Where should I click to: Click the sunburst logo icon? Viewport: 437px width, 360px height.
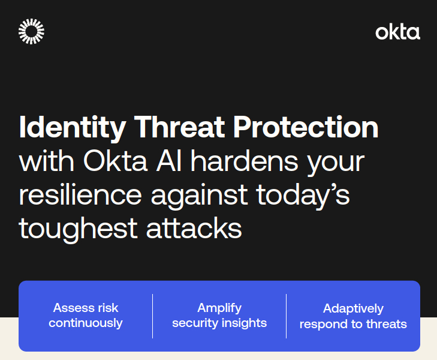(31, 32)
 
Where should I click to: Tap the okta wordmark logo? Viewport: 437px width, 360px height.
(397, 32)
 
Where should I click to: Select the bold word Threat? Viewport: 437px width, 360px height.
(179, 127)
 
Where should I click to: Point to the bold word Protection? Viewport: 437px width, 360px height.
(306, 127)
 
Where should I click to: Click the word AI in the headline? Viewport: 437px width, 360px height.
(169, 161)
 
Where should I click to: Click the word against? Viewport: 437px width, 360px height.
(199, 196)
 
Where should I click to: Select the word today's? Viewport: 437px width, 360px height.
(303, 196)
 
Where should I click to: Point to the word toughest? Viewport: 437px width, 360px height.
(78, 229)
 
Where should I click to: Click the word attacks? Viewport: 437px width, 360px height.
(194, 228)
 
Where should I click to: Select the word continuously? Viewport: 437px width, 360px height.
(86, 323)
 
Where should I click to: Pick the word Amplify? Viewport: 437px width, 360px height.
(219, 308)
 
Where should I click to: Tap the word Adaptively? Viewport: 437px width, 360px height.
(354, 309)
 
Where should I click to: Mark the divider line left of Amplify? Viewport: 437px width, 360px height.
(152, 316)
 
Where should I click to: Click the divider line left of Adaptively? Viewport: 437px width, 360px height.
(286, 316)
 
